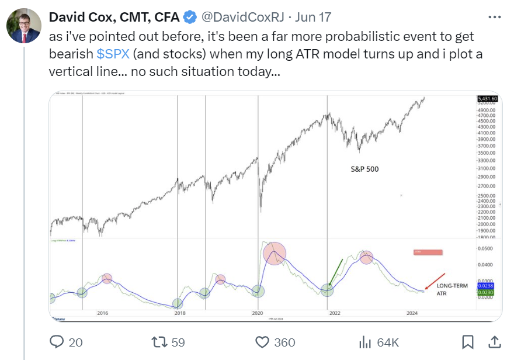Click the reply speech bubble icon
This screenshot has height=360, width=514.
(57, 342)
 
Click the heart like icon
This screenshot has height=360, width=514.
(262, 342)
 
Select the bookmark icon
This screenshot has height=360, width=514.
(468, 342)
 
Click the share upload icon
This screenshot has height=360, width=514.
(494, 342)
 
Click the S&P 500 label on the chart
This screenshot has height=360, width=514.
(365, 169)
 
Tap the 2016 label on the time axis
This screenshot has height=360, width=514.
(103, 313)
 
